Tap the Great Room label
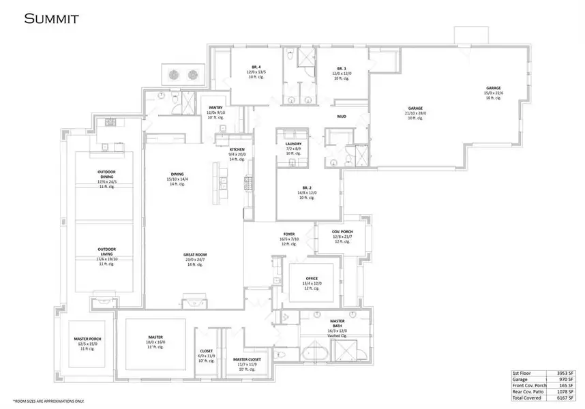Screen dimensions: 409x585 point(196,256)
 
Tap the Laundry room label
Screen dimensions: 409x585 point(293,144)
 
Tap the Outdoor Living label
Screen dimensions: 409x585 point(106,252)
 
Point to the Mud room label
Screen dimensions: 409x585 point(342,117)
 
